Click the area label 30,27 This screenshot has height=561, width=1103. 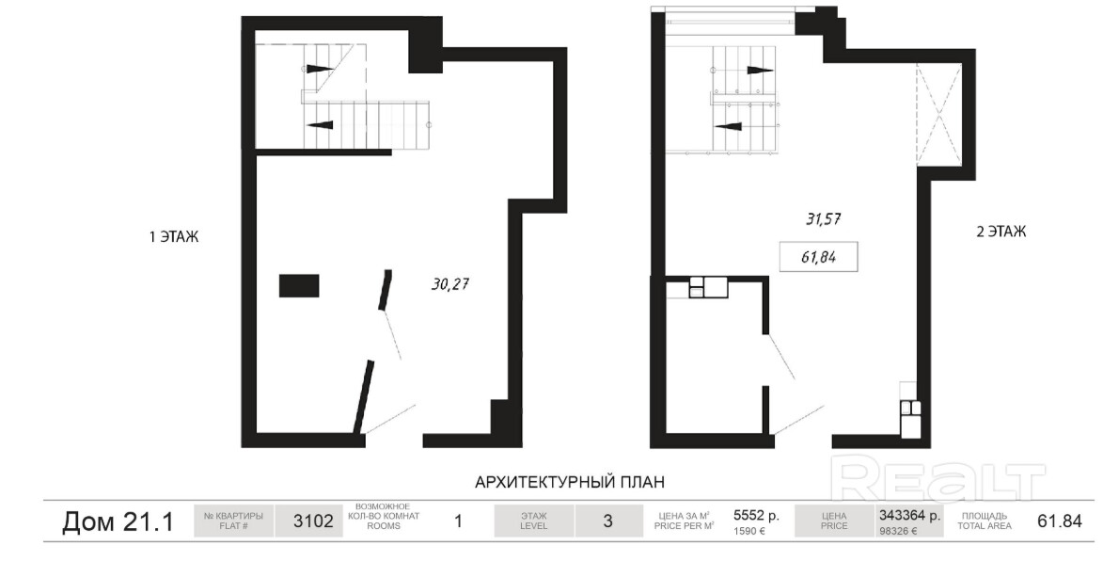(x=450, y=284)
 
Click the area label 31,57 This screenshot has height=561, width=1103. (x=824, y=219)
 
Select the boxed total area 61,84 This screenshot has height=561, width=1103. (x=818, y=257)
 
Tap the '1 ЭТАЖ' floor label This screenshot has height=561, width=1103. (x=174, y=237)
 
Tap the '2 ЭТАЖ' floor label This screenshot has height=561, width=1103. (x=1001, y=232)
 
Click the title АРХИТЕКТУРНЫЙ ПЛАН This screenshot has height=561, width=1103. (x=570, y=482)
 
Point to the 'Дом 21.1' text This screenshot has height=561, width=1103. (x=118, y=521)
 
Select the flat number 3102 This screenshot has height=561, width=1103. (x=313, y=521)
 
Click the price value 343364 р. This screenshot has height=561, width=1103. (x=909, y=515)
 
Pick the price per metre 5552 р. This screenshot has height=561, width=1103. (x=756, y=516)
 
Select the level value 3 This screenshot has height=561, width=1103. (x=607, y=521)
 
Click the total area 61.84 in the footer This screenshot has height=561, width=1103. (x=1060, y=521)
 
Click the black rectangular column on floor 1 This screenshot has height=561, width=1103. (x=299, y=286)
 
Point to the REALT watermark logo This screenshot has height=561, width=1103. (x=938, y=478)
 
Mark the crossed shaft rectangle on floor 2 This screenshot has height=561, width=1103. (x=938, y=115)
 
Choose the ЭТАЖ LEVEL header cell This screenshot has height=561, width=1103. (x=534, y=521)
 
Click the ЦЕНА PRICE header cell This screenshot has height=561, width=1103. (x=833, y=521)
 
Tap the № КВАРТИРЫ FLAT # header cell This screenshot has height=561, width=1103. (x=233, y=521)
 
